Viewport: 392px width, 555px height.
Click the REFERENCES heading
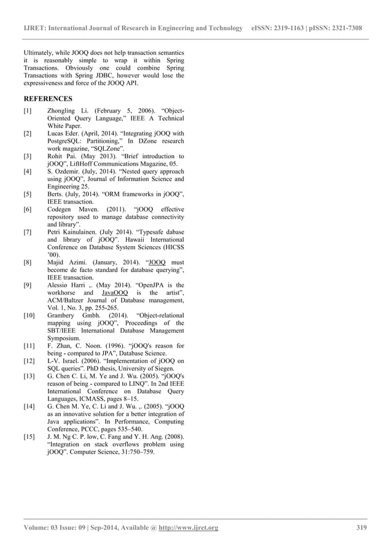[x=48, y=98]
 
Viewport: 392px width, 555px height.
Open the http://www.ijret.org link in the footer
[x=188, y=528]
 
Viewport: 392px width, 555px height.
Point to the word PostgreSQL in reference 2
[x=67, y=141]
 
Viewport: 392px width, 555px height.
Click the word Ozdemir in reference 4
[x=71, y=172]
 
